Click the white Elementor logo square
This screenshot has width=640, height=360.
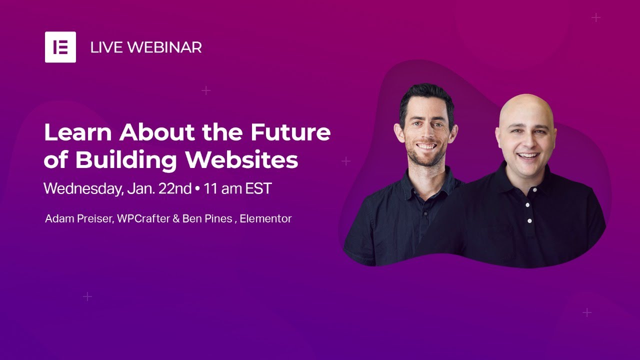pos(60,47)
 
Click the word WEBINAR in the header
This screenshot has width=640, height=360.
pos(164,47)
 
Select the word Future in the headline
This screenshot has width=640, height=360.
pos(290,132)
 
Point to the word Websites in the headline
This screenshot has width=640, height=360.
pos(241,159)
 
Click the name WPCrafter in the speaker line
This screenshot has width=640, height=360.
pos(143,218)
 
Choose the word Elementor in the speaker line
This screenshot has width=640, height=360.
pos(265,218)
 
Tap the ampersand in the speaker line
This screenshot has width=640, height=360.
pos(175,218)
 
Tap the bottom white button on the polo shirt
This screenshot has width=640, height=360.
pos(529,221)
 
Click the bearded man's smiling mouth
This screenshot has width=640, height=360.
pos(426,147)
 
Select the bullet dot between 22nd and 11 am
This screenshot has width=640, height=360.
pos(197,189)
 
